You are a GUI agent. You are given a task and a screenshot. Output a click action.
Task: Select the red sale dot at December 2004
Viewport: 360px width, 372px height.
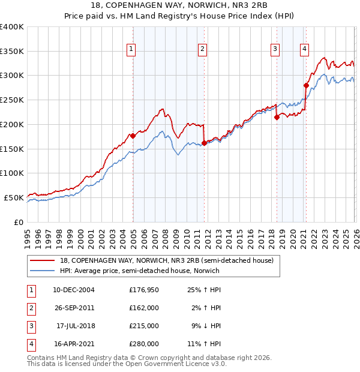[133, 136]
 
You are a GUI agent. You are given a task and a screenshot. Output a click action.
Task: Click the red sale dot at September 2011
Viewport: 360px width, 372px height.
[204, 143]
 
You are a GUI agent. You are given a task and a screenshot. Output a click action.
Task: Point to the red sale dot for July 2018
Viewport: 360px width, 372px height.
[277, 118]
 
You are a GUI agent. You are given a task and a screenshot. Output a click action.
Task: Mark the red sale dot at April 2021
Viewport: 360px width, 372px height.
[306, 86]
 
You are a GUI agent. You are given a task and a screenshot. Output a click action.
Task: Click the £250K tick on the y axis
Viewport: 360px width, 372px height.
[12, 100]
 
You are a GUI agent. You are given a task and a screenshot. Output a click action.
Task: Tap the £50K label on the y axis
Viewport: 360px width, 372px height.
[14, 197]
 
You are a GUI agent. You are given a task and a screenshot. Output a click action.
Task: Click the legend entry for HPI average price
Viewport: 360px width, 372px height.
[139, 271]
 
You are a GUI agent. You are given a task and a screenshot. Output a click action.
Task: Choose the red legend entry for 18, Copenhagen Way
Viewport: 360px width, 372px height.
[166, 260]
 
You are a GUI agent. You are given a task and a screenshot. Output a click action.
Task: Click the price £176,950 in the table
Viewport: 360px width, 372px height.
[143, 289]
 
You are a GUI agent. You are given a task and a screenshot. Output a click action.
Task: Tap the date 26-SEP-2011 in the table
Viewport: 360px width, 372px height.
[74, 308]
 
